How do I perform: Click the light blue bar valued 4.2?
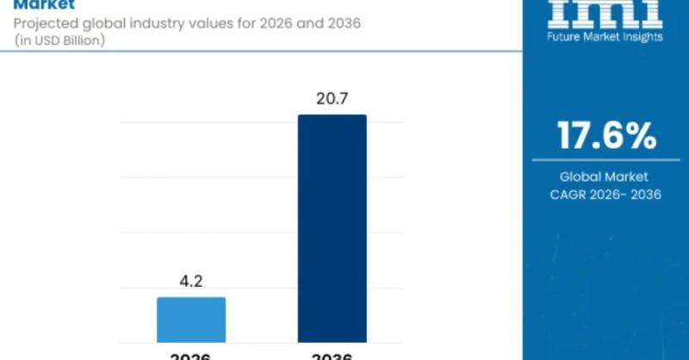click(191, 320)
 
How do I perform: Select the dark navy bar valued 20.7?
click(332, 228)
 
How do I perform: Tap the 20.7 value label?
click(332, 98)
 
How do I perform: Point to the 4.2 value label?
click(191, 281)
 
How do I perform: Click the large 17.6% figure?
click(606, 135)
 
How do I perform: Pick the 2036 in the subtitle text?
click(340, 23)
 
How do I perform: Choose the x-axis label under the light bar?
click(191, 355)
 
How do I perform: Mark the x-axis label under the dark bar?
click(332, 355)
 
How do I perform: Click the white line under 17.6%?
click(605, 160)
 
